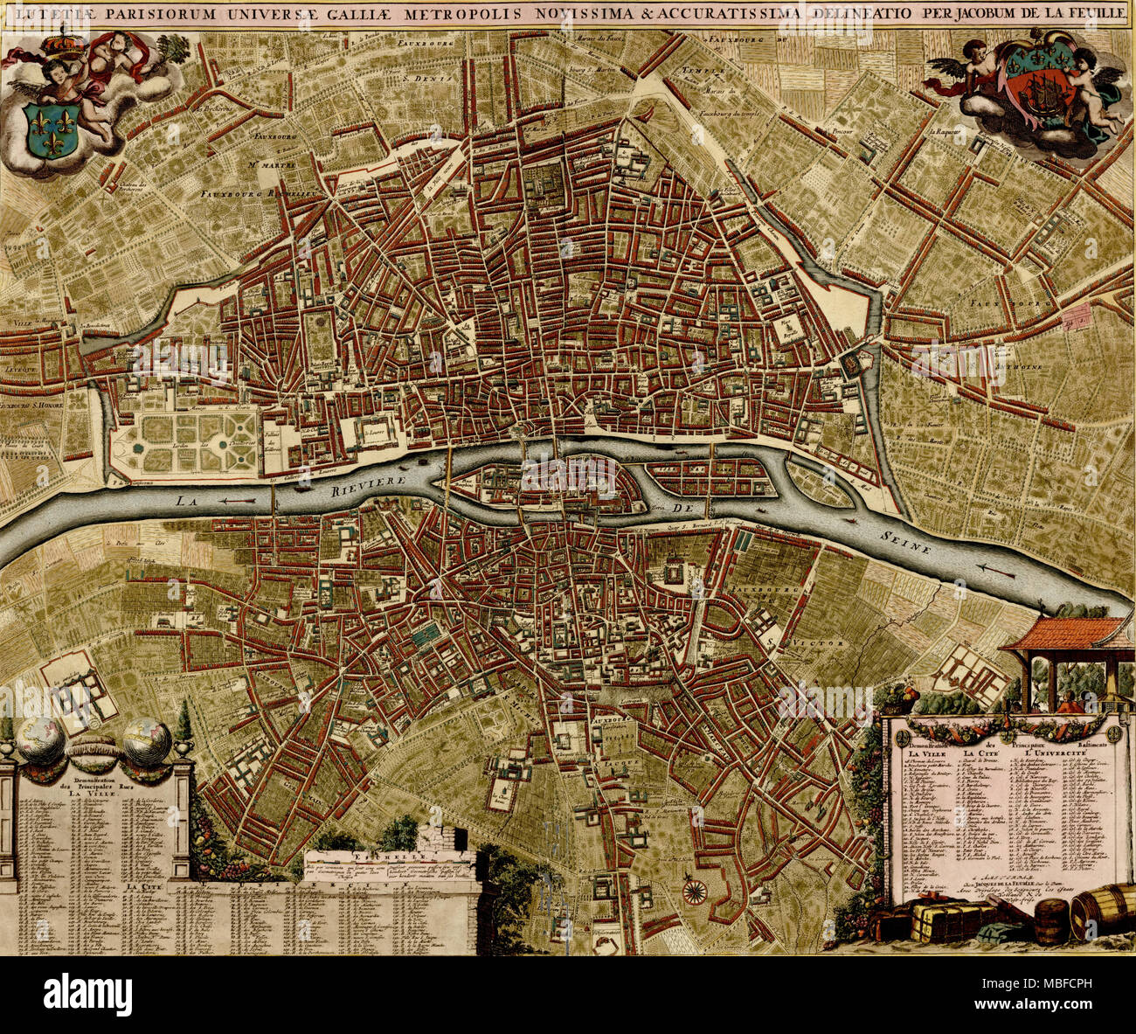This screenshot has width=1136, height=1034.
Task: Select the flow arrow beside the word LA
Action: click(x=236, y=501)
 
